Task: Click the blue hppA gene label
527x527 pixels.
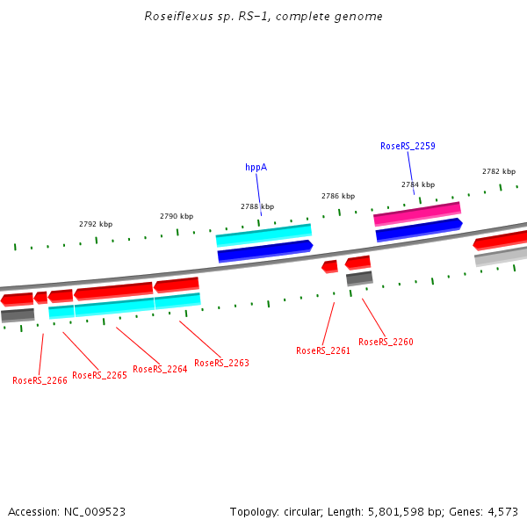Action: coord(256,167)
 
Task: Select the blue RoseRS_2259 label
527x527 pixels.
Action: coord(408,147)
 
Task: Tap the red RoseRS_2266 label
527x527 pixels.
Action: coord(40,380)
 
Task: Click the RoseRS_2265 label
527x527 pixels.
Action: coord(99,375)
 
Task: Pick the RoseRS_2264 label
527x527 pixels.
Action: coord(160,369)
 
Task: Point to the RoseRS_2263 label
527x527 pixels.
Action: coord(221,363)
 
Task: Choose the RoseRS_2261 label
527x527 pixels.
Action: coord(323,350)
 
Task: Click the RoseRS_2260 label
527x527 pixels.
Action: coord(386,342)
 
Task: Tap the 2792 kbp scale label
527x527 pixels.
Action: coord(96,224)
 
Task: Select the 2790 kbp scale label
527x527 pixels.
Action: coord(177,216)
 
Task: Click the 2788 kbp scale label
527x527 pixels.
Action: coord(257,206)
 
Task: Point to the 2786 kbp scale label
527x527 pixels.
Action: coord(338,196)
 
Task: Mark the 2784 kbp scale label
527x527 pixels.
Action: coord(418,184)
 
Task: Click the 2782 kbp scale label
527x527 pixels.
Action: coord(499,171)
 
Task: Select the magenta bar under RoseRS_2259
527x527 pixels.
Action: coord(417,213)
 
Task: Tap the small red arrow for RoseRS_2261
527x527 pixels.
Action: coord(330,266)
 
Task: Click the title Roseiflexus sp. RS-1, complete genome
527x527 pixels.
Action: coord(263,17)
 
